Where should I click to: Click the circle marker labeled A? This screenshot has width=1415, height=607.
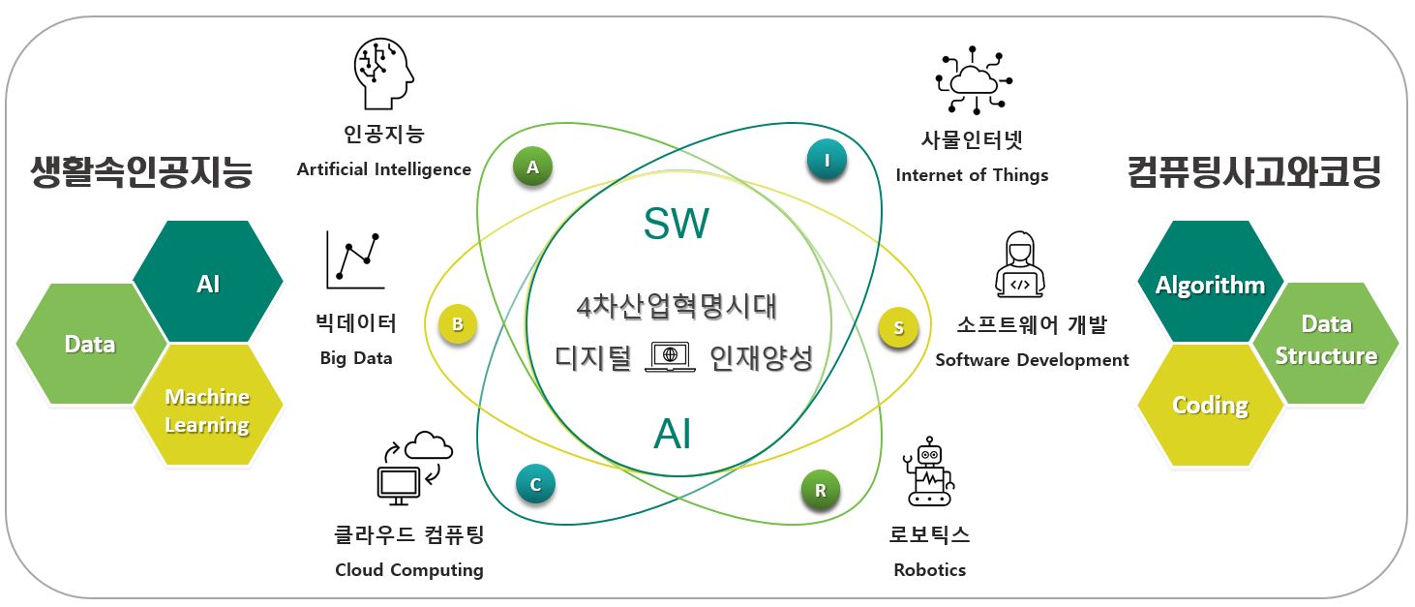pyautogui.click(x=532, y=167)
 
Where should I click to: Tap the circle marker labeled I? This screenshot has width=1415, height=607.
pyautogui.click(x=827, y=160)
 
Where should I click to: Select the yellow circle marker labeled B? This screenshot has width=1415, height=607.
pyautogui.click(x=458, y=325)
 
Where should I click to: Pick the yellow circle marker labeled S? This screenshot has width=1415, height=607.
pyautogui.click(x=898, y=328)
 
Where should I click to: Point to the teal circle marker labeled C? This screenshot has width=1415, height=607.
pyautogui.click(x=535, y=483)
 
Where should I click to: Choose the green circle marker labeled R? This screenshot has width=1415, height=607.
pyautogui.click(x=821, y=490)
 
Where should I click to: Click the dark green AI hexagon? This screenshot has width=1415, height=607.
pyautogui.click(x=207, y=283)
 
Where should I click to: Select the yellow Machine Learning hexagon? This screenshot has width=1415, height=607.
pyautogui.click(x=207, y=409)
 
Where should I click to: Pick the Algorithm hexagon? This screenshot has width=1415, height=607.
pyautogui.click(x=1210, y=285)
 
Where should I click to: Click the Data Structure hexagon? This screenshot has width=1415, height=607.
pyautogui.click(x=1326, y=342)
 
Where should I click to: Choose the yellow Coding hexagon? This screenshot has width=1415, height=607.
pyautogui.click(x=1210, y=405)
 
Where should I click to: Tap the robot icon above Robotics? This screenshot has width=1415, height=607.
pyautogui.click(x=930, y=470)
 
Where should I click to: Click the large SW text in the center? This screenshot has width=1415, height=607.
pyautogui.click(x=677, y=225)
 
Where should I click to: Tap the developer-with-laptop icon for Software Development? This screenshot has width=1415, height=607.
pyautogui.click(x=1020, y=264)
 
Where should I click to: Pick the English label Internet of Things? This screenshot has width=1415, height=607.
pyautogui.click(x=972, y=175)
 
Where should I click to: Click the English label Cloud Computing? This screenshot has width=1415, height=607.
pyautogui.click(x=409, y=569)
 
